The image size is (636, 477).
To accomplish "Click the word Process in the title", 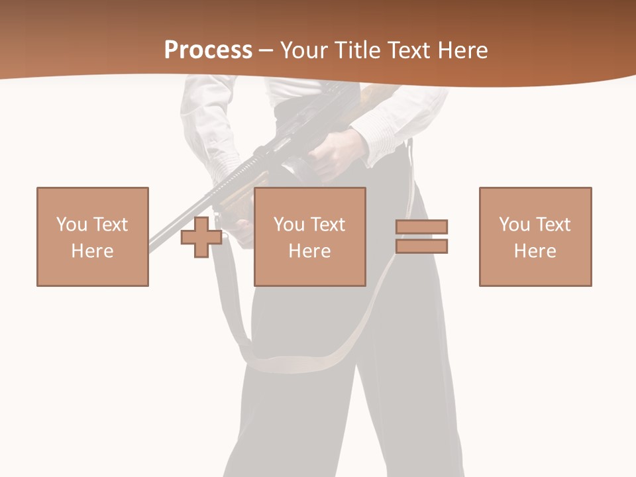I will point(208,50).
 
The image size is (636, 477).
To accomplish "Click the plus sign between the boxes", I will point(201,237).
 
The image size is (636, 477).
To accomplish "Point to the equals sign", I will point(422,237).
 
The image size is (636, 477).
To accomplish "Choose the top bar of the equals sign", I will point(422,227).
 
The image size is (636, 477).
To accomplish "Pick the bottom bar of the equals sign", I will point(422,246).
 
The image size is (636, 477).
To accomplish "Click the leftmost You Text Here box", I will point(93,237).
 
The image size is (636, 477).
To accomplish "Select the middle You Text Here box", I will point(310,237).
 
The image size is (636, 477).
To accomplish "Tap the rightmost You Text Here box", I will point(535,237).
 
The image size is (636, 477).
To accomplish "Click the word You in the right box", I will point(514,225).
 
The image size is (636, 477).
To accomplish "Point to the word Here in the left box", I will point(93,251).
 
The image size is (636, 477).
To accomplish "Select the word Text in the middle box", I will point(327,225).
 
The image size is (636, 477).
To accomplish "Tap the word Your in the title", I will point(303,50).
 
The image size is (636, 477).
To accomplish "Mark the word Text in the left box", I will point(110,225).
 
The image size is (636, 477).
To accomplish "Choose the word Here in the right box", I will point(535,251).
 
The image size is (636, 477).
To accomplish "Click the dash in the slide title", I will point(266,50).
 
